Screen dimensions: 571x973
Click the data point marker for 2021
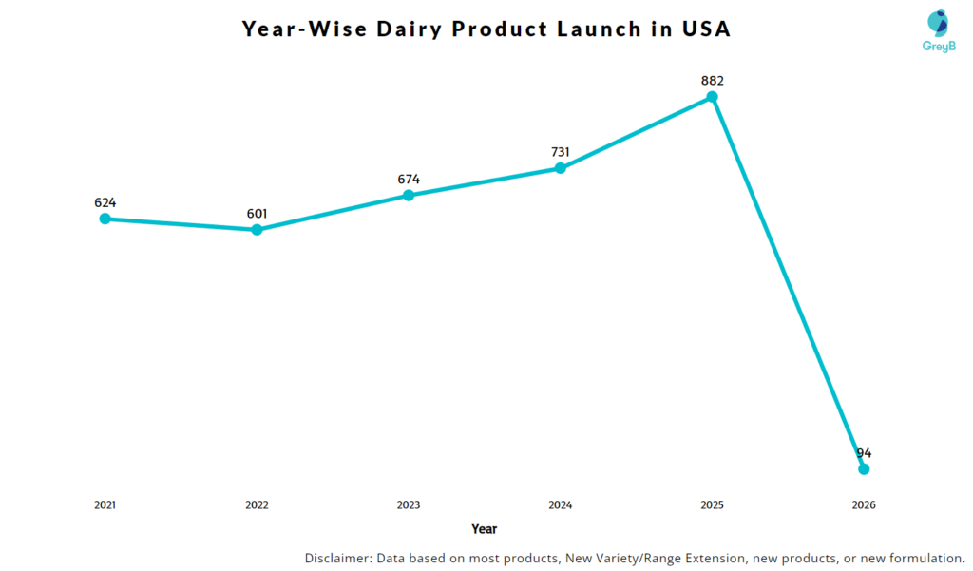(105, 219)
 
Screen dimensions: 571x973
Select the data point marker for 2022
(257, 230)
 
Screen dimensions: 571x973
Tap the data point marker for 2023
(409, 195)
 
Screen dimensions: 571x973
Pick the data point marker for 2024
(561, 167)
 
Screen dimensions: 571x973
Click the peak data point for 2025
(712, 97)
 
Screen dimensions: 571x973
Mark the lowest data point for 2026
(864, 469)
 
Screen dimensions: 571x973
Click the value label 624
(105, 202)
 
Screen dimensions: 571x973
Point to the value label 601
(257, 214)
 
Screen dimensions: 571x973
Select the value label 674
(409, 179)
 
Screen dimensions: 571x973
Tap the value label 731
(561, 152)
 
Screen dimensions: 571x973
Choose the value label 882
(712, 81)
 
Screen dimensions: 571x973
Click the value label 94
(864, 453)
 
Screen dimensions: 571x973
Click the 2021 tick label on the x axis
(105, 505)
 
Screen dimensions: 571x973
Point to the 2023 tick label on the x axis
(409, 505)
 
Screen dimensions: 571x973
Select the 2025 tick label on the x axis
(712, 505)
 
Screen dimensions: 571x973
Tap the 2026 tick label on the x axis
(864, 505)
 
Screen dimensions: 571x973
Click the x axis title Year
(484, 529)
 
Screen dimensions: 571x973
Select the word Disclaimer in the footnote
(338, 558)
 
